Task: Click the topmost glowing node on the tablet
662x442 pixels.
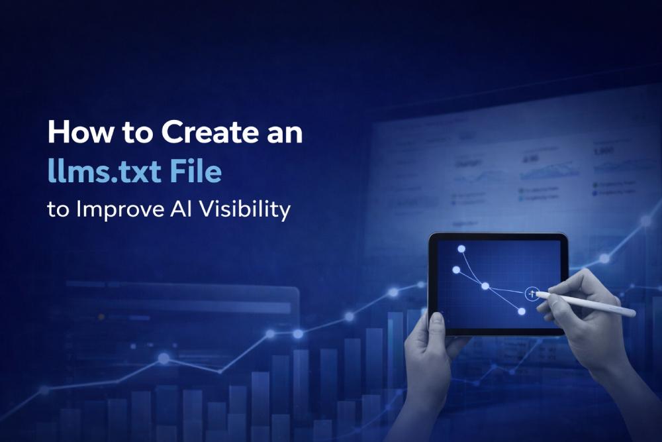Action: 462,249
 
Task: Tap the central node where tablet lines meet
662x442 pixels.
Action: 485,286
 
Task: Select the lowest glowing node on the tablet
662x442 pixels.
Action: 522,311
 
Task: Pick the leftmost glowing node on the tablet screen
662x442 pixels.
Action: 455,270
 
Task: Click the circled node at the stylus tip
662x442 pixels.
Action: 531,293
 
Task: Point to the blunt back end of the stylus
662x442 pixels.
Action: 632,313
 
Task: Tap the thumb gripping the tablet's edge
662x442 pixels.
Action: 436,321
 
